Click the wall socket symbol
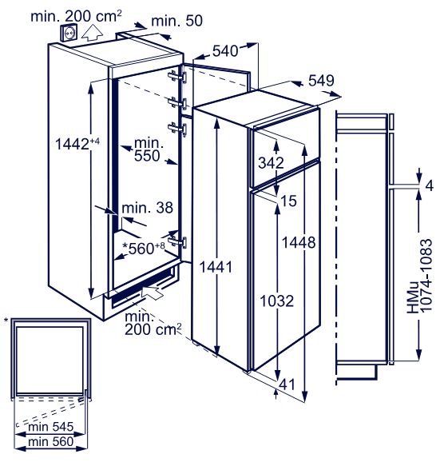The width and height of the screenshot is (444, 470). tap(69, 33)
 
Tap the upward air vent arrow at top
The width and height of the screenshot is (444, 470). tap(93, 32)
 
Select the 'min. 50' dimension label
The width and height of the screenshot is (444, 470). tap(176, 21)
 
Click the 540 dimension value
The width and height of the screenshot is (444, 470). tap(225, 51)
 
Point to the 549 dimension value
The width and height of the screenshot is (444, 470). tap(321, 81)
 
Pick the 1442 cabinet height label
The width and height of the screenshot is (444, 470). tap(77, 144)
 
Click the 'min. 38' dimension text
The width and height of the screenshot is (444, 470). tap(147, 208)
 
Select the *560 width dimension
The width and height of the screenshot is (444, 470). tap(144, 248)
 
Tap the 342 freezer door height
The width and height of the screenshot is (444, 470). tap(271, 163)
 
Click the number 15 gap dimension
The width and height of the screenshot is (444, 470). tap(288, 201)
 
